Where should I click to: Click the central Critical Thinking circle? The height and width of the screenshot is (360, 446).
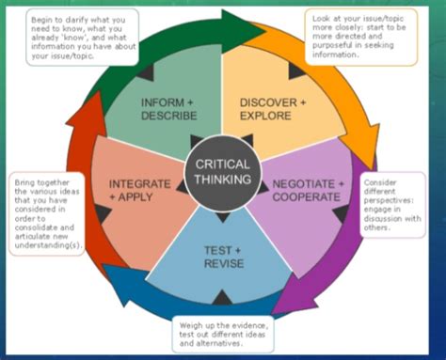222,171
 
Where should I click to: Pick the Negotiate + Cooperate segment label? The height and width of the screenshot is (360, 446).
307,190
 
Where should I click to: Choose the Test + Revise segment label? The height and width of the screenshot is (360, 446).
223,257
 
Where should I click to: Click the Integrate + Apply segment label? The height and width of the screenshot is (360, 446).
138,190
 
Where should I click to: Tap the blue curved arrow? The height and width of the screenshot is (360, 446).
151,301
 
